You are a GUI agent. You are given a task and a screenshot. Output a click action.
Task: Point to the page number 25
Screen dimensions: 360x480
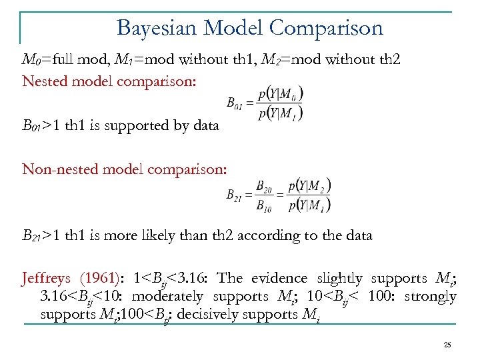point(447,344)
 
